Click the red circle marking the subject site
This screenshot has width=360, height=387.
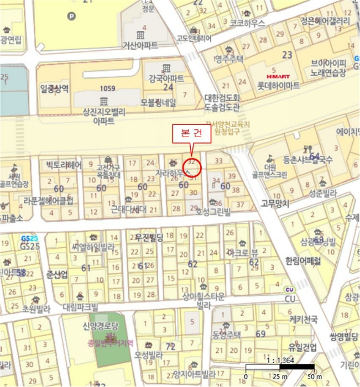tap(191, 166)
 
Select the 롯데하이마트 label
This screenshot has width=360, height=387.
tap(279, 86)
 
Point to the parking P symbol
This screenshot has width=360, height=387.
tap(70, 17)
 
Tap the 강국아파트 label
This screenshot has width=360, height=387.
tap(165, 77)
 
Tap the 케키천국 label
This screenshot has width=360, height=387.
tap(303, 320)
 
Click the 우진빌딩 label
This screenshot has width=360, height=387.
tap(149, 237)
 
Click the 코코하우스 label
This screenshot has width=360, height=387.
tap(247, 23)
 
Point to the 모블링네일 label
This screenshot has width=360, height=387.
tap(158, 102)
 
